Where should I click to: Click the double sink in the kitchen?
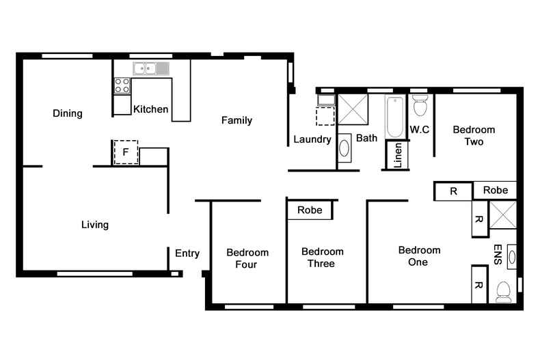click(x=151, y=68)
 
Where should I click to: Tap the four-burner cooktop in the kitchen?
click(x=122, y=85)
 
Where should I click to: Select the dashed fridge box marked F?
click(x=125, y=152)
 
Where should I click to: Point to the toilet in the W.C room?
click(x=420, y=106)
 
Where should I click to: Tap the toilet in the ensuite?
click(x=504, y=292)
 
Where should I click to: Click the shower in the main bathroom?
click(x=353, y=108)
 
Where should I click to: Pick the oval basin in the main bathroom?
click(x=345, y=148)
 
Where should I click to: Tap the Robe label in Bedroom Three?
click(x=310, y=210)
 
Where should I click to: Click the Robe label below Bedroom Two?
click(x=496, y=191)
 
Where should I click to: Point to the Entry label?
click(x=187, y=253)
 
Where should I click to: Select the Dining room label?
click(x=68, y=113)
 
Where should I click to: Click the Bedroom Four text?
click(x=247, y=258)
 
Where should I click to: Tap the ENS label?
click(x=498, y=254)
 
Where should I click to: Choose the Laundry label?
click(x=312, y=139)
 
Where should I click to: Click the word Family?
click(x=237, y=120)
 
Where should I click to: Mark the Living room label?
click(x=95, y=224)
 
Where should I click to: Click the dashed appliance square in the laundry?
click(x=325, y=116)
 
